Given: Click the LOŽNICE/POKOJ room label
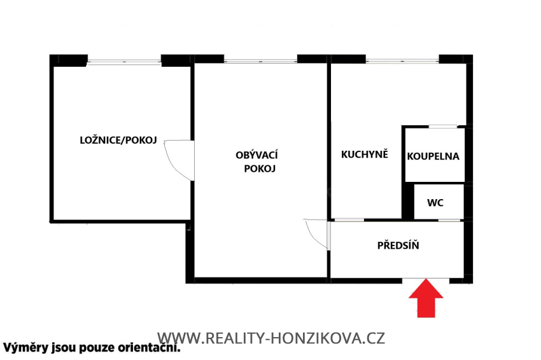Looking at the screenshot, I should coord(118,141).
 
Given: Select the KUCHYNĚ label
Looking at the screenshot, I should coord(365,155).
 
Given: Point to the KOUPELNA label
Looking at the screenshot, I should coord(433,156).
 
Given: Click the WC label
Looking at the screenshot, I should coord(435,203).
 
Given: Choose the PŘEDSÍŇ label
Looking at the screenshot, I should coord(398,246).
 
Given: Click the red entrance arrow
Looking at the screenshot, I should coord(425,300).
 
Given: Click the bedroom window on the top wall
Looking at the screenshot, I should coord(124,61).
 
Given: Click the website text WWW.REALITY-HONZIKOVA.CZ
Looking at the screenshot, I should coord(270,338).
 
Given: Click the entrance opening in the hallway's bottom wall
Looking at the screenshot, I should coord(425,280).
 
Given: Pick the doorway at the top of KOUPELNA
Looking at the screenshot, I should coord(442,127).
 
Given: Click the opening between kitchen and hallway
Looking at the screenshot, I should coord(349,220).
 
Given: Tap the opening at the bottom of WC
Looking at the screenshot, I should coord(449,220).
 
